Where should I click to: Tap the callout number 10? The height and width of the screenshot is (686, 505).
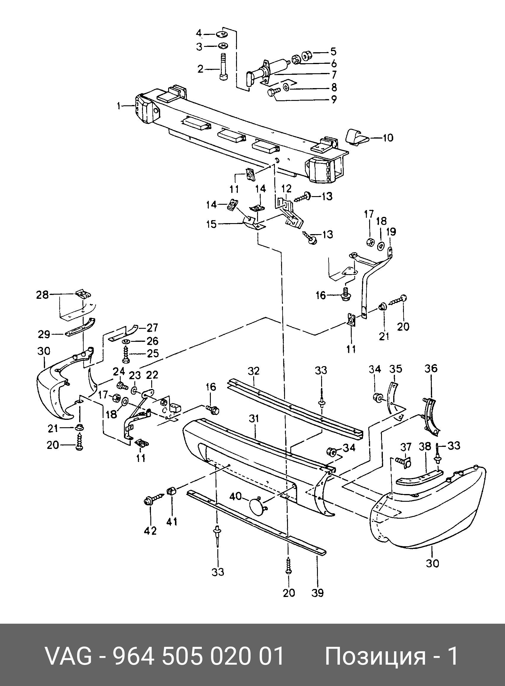[x=388, y=138]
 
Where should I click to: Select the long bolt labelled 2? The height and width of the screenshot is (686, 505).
[x=222, y=67]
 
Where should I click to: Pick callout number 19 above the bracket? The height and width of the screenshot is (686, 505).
[x=391, y=231]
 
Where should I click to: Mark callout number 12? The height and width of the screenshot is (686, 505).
[x=286, y=188]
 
